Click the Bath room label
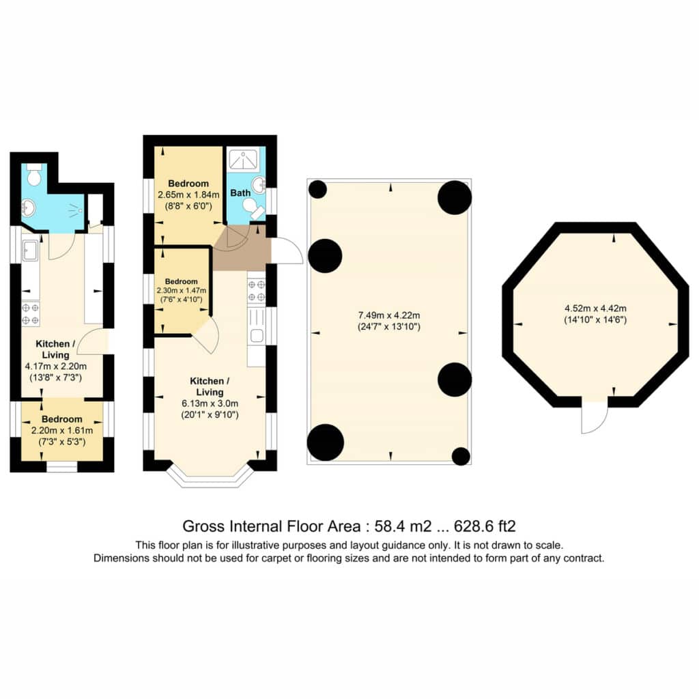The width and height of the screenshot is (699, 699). [240, 193]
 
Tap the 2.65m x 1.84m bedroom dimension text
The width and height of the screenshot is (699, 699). [188, 195]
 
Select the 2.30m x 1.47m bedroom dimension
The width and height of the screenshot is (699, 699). [182, 291]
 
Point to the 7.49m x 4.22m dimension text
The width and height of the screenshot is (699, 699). [389, 315]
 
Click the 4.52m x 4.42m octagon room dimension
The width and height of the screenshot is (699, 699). [595, 308]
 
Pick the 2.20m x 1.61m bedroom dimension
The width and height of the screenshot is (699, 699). [62, 431]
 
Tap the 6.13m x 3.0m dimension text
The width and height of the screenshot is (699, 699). [210, 403]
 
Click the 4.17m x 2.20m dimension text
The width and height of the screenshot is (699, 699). [56, 367]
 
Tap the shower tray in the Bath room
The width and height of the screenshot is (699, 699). [243, 160]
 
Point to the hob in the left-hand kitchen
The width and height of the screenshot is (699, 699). [31, 313]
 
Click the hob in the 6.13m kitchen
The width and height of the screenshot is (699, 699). [257, 290]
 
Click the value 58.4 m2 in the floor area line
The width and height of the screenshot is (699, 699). [403, 526]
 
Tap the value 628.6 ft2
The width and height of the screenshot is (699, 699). [485, 526]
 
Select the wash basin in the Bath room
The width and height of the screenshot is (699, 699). [259, 183]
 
